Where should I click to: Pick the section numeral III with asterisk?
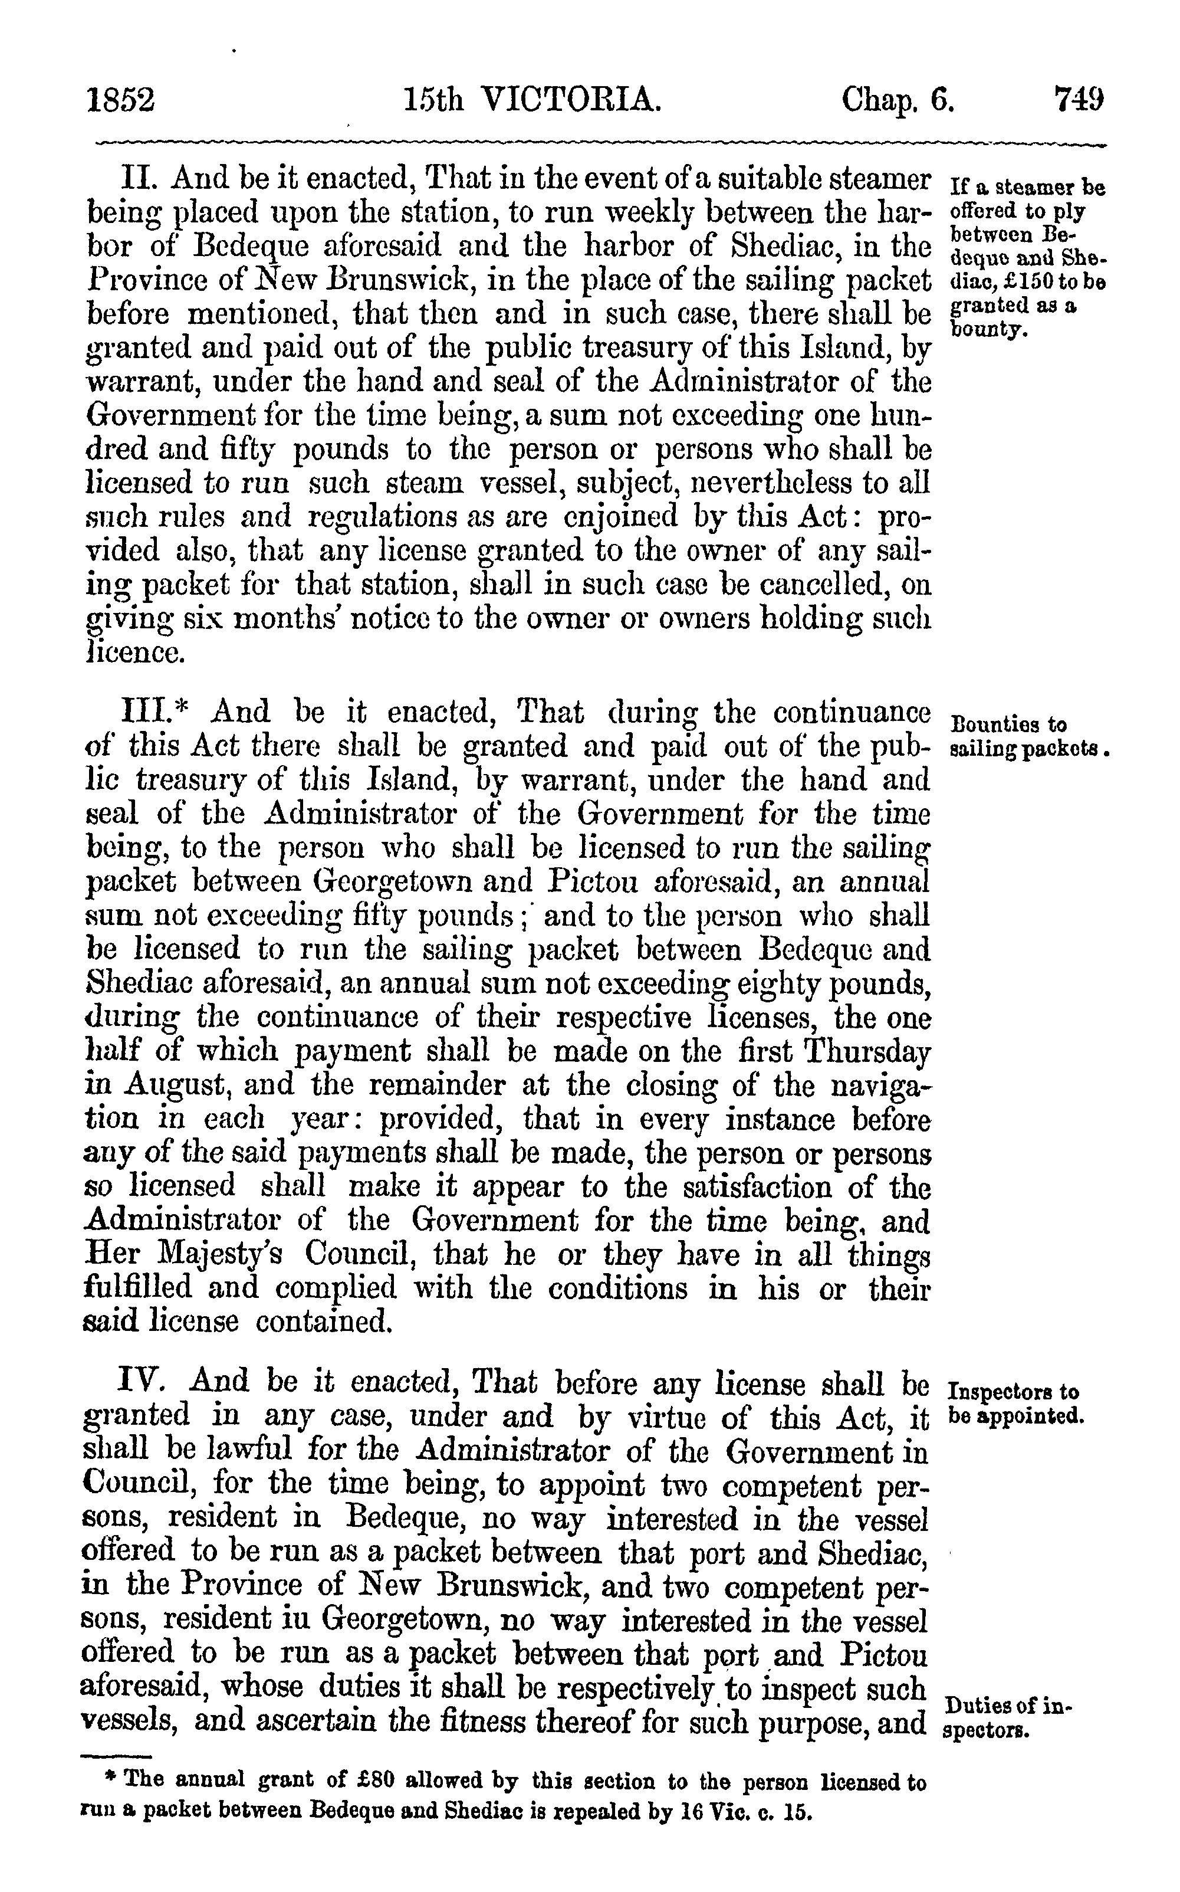pyautogui.click(x=152, y=712)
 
